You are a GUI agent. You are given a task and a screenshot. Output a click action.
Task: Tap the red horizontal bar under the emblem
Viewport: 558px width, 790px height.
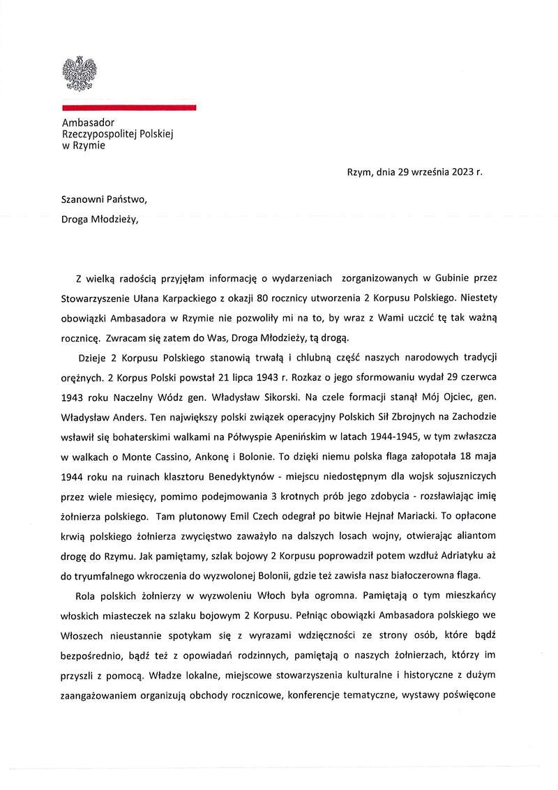128,107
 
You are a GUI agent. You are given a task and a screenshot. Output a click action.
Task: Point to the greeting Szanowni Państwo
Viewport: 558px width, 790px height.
105,199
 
